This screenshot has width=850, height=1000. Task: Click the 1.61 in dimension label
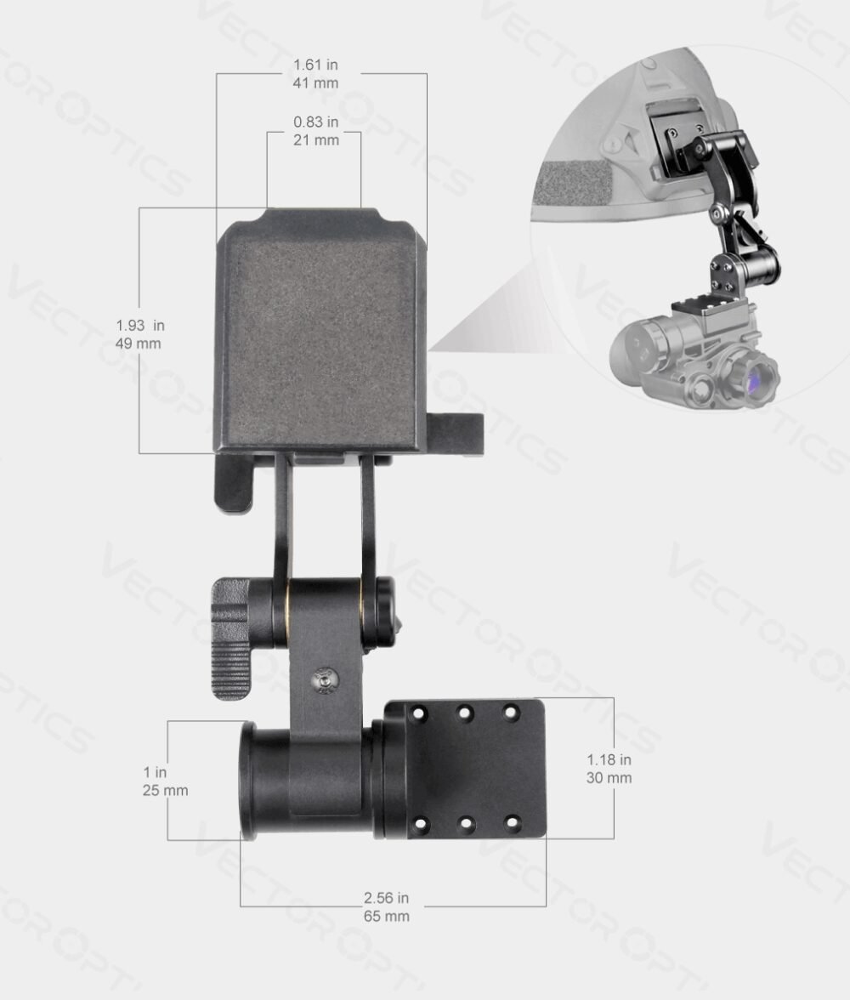tap(315, 65)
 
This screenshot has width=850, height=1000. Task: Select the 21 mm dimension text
tap(315, 139)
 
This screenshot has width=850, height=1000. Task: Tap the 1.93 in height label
tap(140, 325)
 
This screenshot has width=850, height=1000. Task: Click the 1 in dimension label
tap(155, 772)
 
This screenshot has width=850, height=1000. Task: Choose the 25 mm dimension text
tap(165, 791)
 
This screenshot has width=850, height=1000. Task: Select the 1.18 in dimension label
tap(609, 759)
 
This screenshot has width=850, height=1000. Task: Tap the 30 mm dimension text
tap(609, 778)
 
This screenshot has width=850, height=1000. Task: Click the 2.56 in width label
tap(386, 898)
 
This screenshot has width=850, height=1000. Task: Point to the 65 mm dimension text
tap(386, 917)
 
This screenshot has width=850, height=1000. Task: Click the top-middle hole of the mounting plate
tap(465, 713)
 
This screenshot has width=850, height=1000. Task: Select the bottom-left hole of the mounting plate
tap(420, 823)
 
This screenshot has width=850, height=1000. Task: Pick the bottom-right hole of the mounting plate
tap(511, 823)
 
